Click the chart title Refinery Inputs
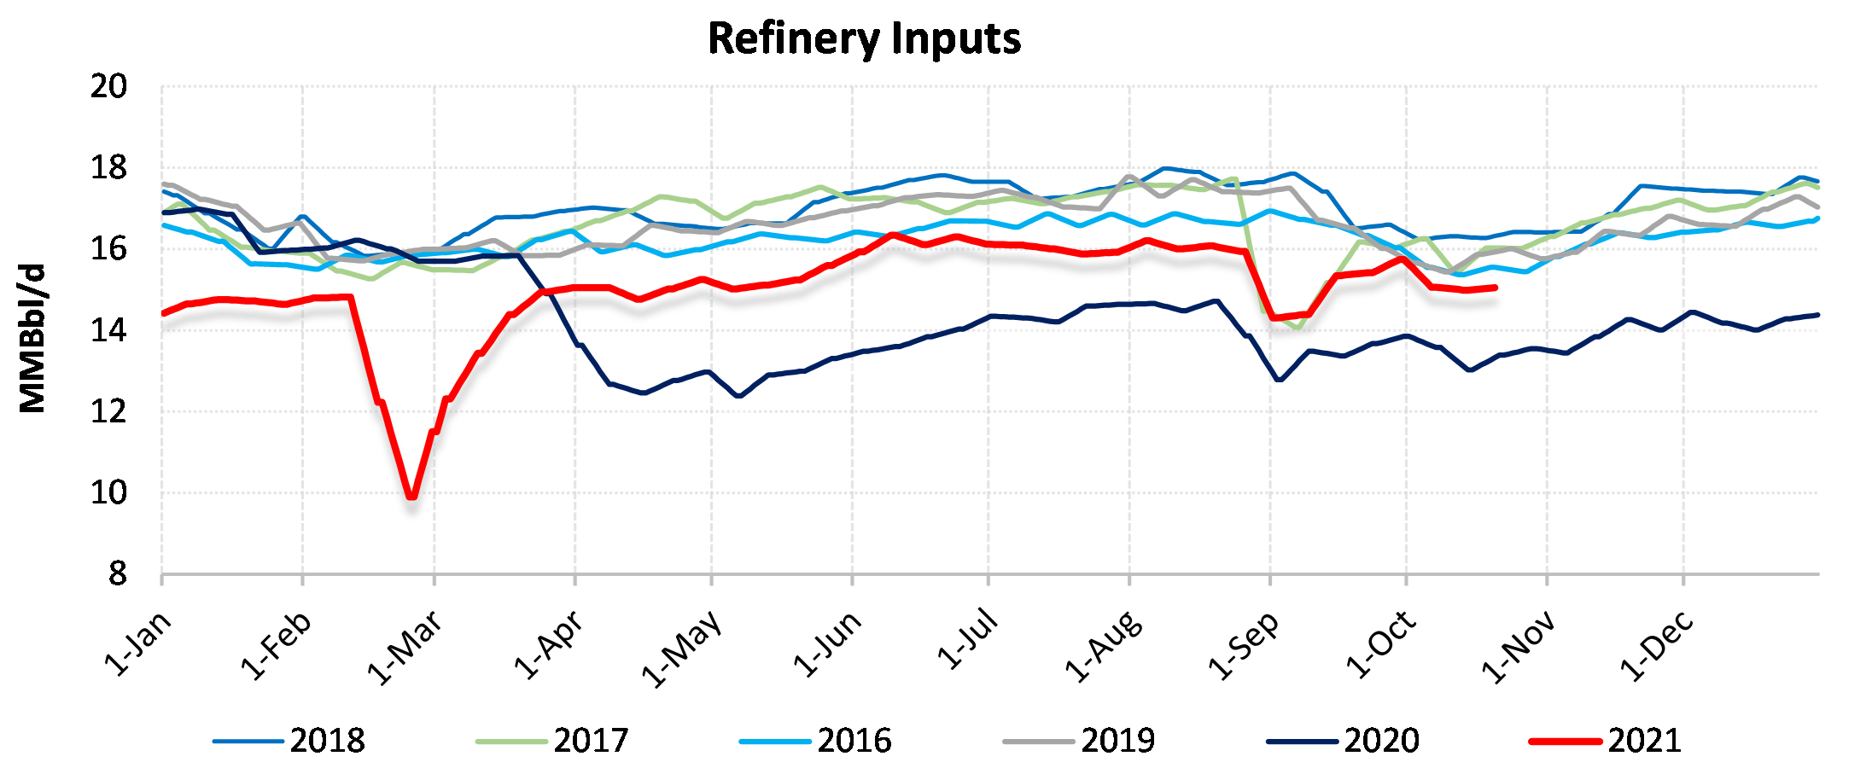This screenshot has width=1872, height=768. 864,39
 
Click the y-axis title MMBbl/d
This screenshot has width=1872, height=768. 32,339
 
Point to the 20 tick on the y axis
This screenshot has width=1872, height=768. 108,86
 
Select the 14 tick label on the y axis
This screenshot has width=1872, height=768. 108,330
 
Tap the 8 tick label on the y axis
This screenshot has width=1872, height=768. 117,574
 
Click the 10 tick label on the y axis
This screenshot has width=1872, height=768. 108,493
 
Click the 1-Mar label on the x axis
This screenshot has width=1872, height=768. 405,648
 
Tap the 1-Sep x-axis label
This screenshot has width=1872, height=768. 1243,646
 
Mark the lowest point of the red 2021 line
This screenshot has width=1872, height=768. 412,496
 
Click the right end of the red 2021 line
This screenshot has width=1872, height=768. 1496,288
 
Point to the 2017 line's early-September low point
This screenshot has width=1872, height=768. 1298,328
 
